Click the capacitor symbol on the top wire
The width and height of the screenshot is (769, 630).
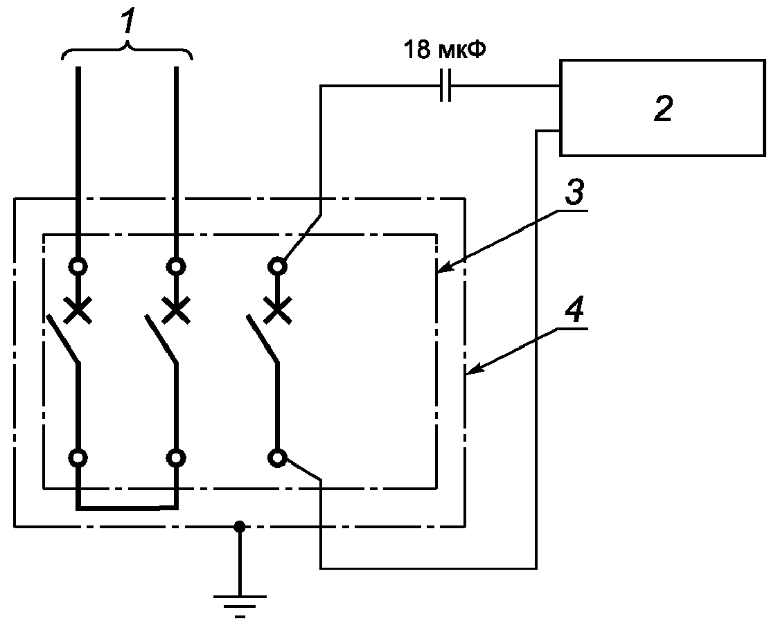[x=445, y=86]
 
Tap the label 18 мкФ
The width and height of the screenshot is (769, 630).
[x=445, y=50]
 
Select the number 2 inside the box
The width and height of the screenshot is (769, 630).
[x=662, y=109]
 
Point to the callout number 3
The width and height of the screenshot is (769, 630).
[x=574, y=192]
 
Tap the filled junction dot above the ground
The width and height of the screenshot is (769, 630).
[x=239, y=527]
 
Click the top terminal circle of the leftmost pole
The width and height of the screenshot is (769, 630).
[x=78, y=267]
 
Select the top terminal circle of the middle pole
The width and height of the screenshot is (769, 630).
[x=176, y=267]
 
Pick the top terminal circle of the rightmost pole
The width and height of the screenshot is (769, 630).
[x=277, y=267]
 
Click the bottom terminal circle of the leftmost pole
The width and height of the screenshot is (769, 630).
[x=78, y=458]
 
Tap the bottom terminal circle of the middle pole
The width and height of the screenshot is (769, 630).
[x=176, y=458]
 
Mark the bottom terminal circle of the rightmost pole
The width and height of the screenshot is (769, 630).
[x=277, y=458]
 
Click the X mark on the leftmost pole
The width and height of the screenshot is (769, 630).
[x=78, y=310]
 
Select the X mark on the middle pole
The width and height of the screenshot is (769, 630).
[x=177, y=310]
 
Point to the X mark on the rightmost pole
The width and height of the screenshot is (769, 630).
[x=278, y=310]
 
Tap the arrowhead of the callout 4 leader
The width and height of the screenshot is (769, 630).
[x=474, y=370]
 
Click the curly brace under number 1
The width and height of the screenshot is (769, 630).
[x=127, y=49]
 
